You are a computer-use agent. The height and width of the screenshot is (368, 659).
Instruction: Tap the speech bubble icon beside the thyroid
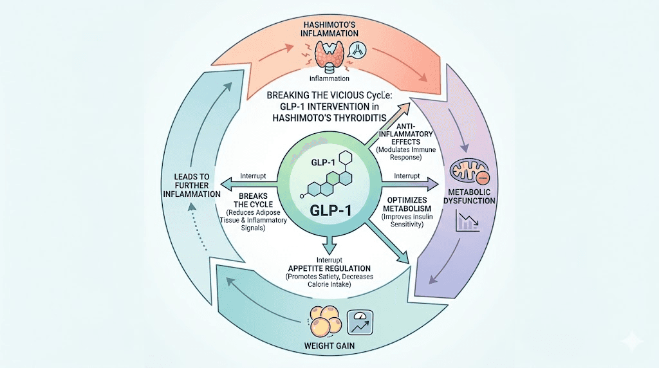pos(355,50)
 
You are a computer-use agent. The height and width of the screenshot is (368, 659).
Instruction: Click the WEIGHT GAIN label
pos(329,348)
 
